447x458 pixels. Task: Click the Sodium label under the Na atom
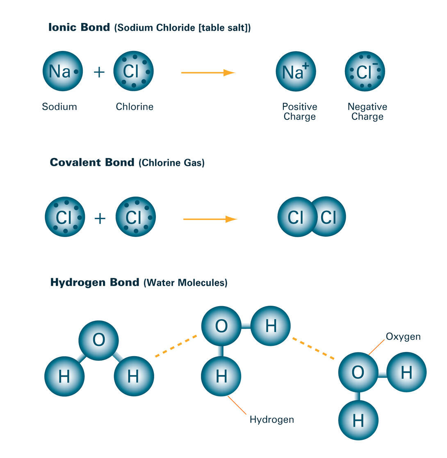[x=59, y=107]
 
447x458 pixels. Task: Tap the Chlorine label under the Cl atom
[x=135, y=107]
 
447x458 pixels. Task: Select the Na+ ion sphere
[x=296, y=71]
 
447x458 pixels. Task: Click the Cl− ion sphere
[x=365, y=71]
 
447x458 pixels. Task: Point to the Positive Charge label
[x=299, y=112]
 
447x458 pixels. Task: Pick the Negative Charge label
[x=367, y=112]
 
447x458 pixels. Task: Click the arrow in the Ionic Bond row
[x=208, y=73]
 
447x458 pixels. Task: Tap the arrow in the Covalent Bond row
[x=210, y=219]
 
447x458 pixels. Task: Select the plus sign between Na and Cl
[x=99, y=72]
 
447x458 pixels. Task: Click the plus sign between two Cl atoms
[x=100, y=218]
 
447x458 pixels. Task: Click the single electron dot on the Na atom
[x=76, y=71]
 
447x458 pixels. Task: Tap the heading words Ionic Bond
[x=79, y=27]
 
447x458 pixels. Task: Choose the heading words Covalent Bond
[x=92, y=162]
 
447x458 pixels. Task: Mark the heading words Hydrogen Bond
[x=95, y=282]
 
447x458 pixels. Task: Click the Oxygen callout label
[x=403, y=337]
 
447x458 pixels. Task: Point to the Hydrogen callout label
[x=271, y=420]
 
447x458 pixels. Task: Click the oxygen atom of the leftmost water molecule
[x=98, y=340]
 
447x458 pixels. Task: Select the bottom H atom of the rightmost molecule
[x=358, y=420]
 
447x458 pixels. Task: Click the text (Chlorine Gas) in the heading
[x=171, y=163]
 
